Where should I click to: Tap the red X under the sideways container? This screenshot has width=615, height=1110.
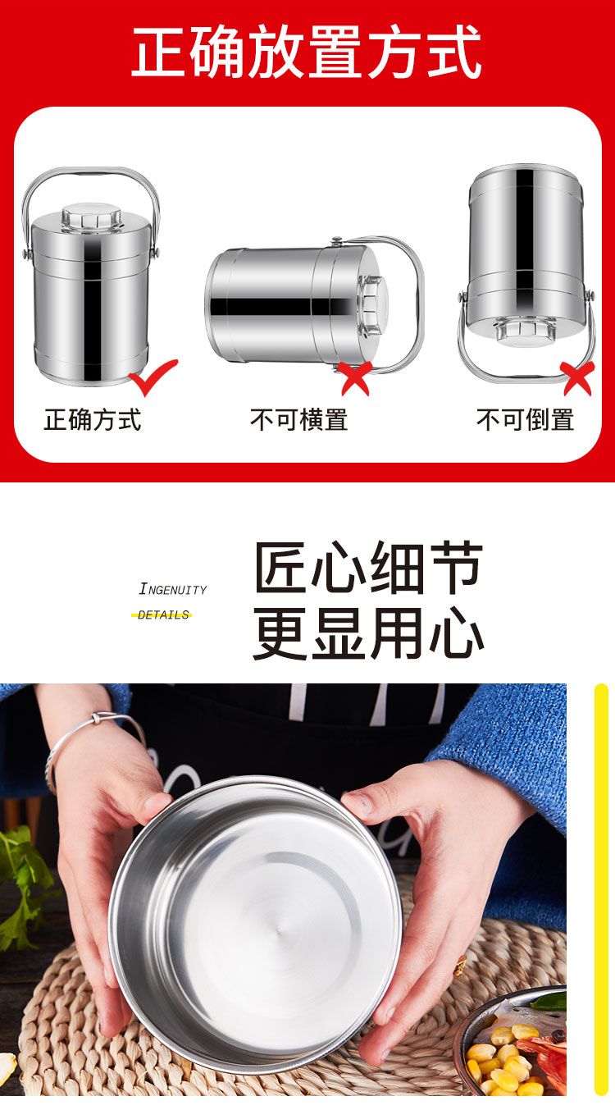coord(356,378)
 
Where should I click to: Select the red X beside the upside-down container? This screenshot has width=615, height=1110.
coord(577,378)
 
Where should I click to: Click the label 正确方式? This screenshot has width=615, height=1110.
coord(93,420)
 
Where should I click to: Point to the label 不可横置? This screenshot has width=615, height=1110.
coord(298,420)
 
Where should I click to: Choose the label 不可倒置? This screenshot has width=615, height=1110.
coord(525,420)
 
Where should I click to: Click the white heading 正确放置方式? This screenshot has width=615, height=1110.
coord(307,52)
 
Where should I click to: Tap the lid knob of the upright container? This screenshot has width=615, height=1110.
coord(91,217)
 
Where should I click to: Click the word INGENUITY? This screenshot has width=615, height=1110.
coord(173,589)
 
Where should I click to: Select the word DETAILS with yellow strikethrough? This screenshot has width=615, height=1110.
coord(162,615)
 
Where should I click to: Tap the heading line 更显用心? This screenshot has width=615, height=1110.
coord(368,633)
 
